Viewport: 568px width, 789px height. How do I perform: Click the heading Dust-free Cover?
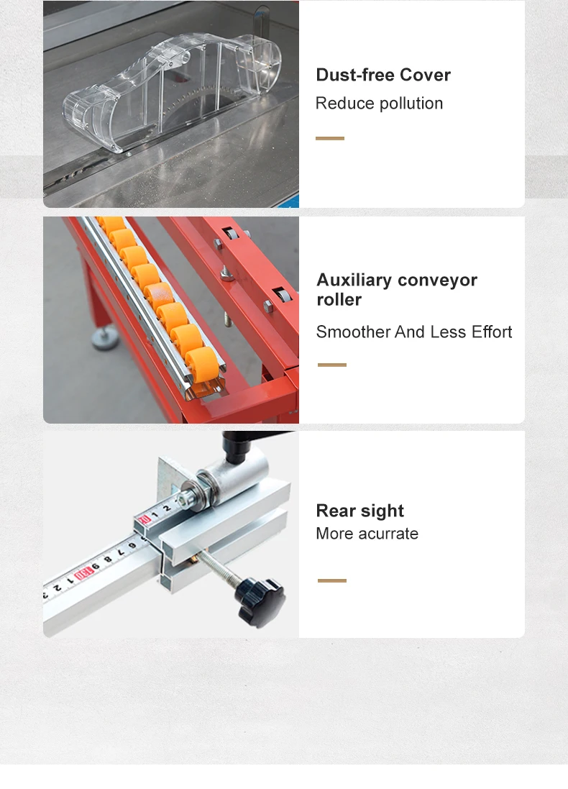click(x=383, y=75)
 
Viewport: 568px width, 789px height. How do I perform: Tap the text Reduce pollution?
click(x=379, y=104)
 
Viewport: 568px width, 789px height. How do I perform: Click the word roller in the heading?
click(x=339, y=299)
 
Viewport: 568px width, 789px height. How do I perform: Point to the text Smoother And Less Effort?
click(x=414, y=332)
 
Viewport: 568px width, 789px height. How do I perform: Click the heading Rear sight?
click(x=359, y=511)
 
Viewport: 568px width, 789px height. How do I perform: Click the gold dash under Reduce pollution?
click(x=330, y=138)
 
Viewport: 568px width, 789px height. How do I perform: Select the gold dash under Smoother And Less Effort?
click(x=331, y=365)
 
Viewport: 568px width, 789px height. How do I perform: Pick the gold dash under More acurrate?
click(x=331, y=580)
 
